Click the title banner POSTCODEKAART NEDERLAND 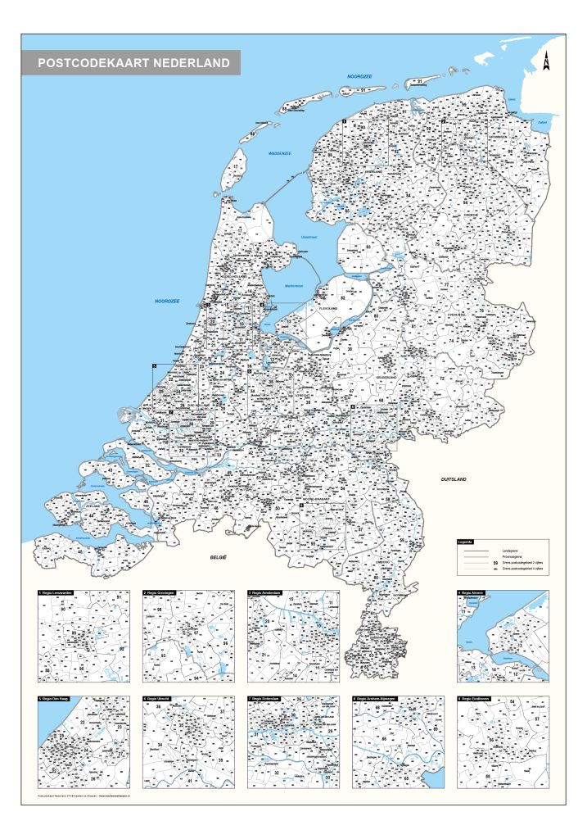pyautogui.click(x=133, y=62)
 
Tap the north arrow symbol pyautogui.click(x=546, y=60)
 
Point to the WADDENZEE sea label pyautogui.click(x=280, y=153)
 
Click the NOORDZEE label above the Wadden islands pyautogui.click(x=359, y=75)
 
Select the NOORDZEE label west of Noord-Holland pyautogui.click(x=167, y=302)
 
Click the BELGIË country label pyautogui.click(x=217, y=557)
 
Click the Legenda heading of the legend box pyautogui.click(x=465, y=542)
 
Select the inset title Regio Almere pyautogui.click(x=476, y=592)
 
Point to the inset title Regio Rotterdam pyautogui.click(x=269, y=699)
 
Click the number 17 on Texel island pyautogui.click(x=235, y=166)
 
